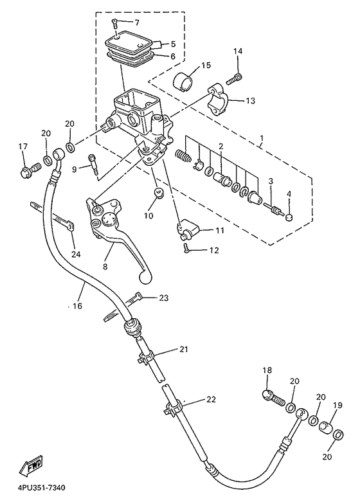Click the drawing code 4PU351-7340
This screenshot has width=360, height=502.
(39, 489)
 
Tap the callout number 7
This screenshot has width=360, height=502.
(137, 22)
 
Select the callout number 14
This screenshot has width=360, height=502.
(238, 51)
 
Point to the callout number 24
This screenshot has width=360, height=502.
(76, 254)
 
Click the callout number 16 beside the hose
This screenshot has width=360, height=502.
(77, 306)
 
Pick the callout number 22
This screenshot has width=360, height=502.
(211, 399)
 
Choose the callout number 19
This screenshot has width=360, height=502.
(337, 406)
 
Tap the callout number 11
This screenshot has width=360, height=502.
(219, 230)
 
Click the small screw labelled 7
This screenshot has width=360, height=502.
(114, 22)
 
